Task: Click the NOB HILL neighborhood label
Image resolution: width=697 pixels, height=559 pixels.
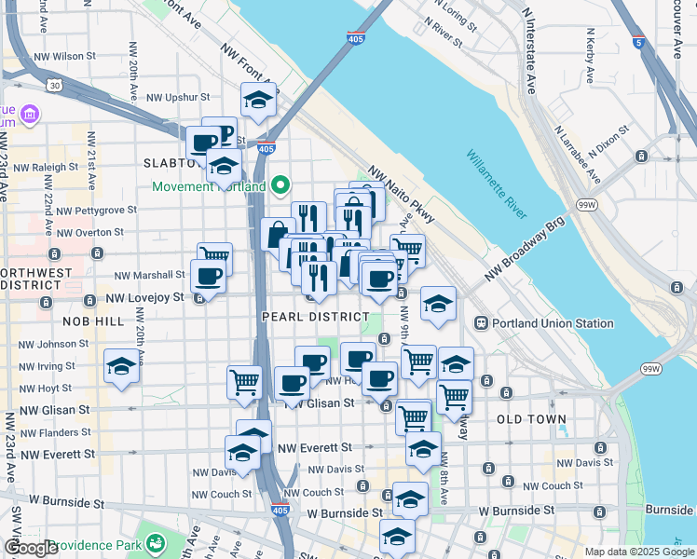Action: point(93,320)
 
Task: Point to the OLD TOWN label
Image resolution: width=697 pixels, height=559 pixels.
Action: point(531,419)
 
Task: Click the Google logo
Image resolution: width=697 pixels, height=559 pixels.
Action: point(31,548)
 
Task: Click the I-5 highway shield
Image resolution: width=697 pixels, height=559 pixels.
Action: point(636,42)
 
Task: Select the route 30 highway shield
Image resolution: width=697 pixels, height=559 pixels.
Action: point(55,86)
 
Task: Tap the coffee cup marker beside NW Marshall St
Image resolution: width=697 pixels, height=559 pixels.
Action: point(207,276)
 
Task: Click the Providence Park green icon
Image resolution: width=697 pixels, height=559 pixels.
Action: point(156,543)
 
